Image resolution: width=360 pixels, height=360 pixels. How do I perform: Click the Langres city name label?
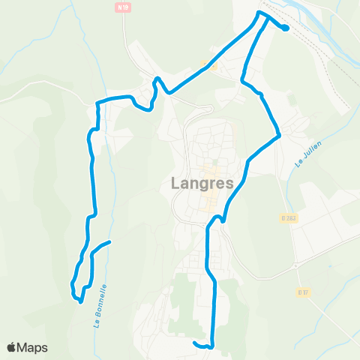pyautogui.click(x=202, y=182)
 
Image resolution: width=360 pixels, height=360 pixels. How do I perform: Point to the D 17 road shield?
pyautogui.click(x=303, y=292)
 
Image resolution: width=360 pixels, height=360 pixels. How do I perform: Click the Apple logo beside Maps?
pyautogui.click(x=12, y=347)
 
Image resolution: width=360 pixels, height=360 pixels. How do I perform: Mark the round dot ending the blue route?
pyautogui.click(x=286, y=28)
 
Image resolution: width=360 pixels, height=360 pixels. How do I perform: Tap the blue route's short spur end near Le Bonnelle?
pyautogui.click(x=109, y=241)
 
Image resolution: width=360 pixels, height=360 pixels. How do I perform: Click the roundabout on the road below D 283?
pyautogui.click(x=296, y=265)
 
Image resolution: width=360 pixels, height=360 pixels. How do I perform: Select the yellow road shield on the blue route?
pyautogui.click(x=213, y=66)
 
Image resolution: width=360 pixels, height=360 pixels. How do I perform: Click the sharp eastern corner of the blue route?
pyautogui.click(x=279, y=136)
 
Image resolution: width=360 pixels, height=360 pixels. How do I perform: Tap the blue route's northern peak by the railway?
pyautogui.click(x=260, y=13)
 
